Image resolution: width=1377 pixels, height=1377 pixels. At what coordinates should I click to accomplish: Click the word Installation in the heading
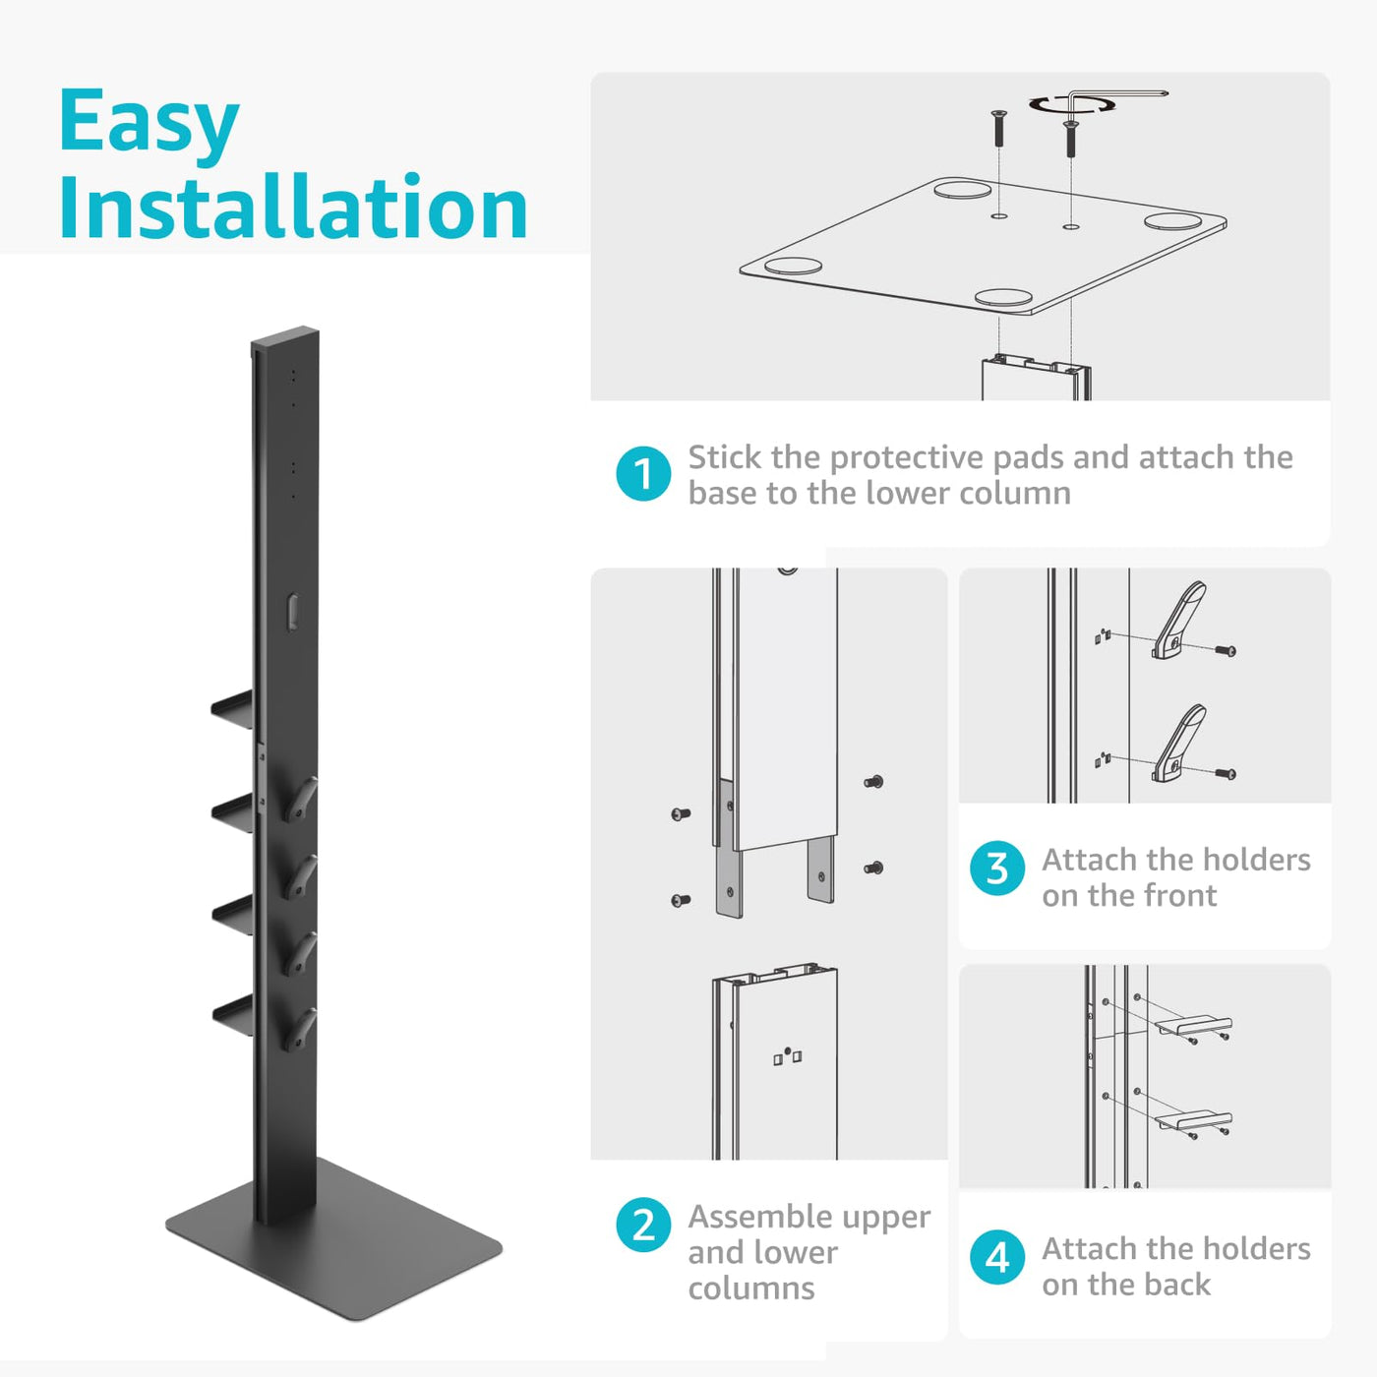294,208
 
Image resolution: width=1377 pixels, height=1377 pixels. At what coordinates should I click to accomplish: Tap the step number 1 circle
643,474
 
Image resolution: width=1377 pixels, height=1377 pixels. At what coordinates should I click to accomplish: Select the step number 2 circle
643,1225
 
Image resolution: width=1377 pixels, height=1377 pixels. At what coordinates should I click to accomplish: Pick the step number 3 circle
997,868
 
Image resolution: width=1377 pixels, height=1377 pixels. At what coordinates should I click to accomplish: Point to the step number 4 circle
997,1257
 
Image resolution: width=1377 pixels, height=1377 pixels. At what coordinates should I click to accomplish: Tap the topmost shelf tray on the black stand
232,709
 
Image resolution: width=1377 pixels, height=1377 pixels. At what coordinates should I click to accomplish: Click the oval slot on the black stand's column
292,613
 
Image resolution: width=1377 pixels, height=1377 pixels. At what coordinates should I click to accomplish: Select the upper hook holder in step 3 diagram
1178,621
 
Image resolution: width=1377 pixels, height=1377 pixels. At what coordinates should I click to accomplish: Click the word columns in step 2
751,1289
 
